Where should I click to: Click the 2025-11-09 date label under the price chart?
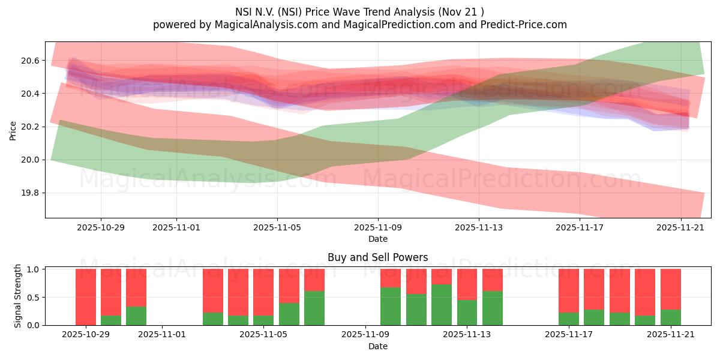pos(378,228)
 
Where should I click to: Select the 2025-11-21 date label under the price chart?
pos(680,228)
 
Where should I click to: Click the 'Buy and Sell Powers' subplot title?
pos(378,257)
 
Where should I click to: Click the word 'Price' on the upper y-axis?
pos(13,130)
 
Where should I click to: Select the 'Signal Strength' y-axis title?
pos(18,296)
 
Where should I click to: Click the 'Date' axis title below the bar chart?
pos(378,346)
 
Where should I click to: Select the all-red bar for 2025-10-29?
pos(86,297)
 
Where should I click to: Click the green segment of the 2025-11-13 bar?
pos(467,312)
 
